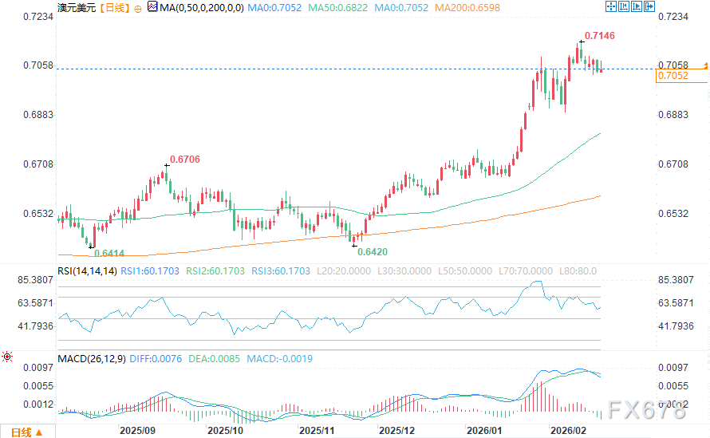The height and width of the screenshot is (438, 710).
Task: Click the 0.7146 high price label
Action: point(599,36)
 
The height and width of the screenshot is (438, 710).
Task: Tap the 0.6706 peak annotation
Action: point(184,160)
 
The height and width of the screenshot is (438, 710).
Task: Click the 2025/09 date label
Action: point(136,430)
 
